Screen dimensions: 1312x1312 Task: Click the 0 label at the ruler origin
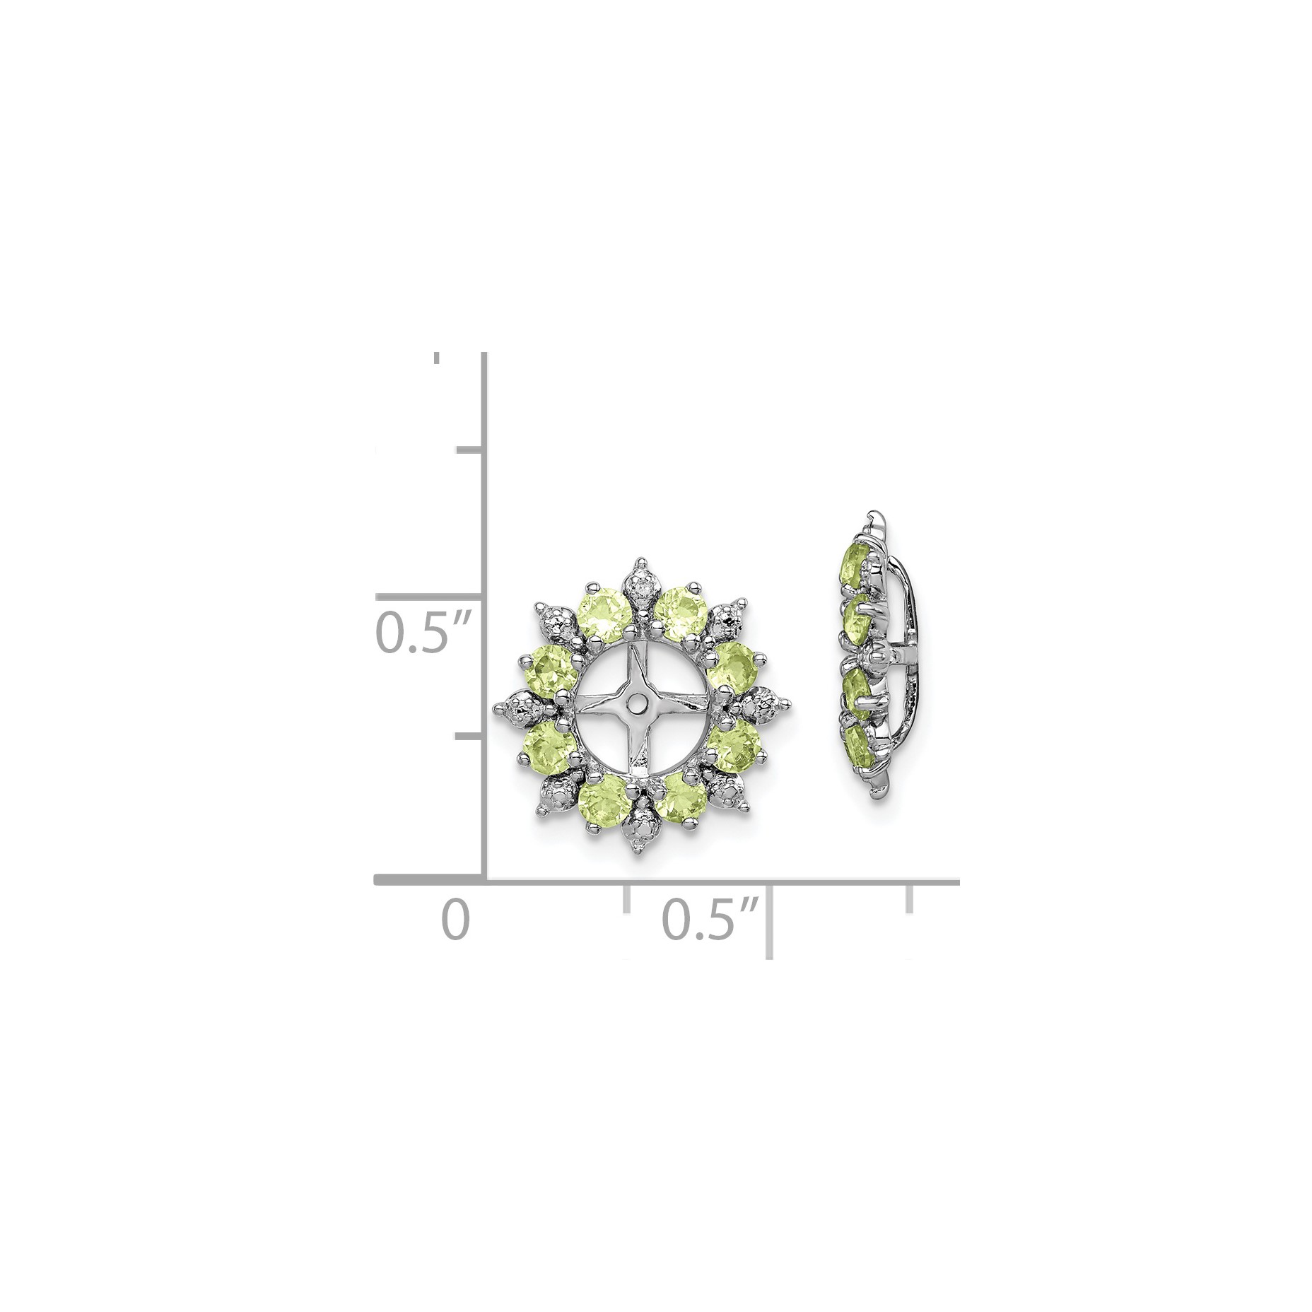[455, 919]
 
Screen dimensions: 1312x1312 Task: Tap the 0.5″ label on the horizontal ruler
[710, 919]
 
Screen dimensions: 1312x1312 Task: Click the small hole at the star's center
[638, 702]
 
